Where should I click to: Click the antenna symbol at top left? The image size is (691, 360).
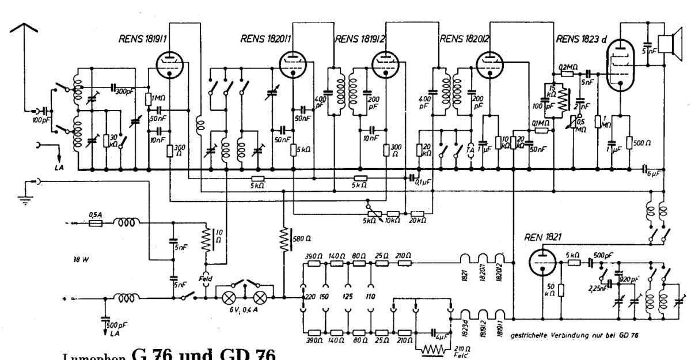pos(24,35)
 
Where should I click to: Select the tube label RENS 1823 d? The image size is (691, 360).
pos(580,40)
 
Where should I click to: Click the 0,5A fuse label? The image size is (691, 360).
pos(96,215)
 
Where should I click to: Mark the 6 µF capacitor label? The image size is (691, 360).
pos(655,173)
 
